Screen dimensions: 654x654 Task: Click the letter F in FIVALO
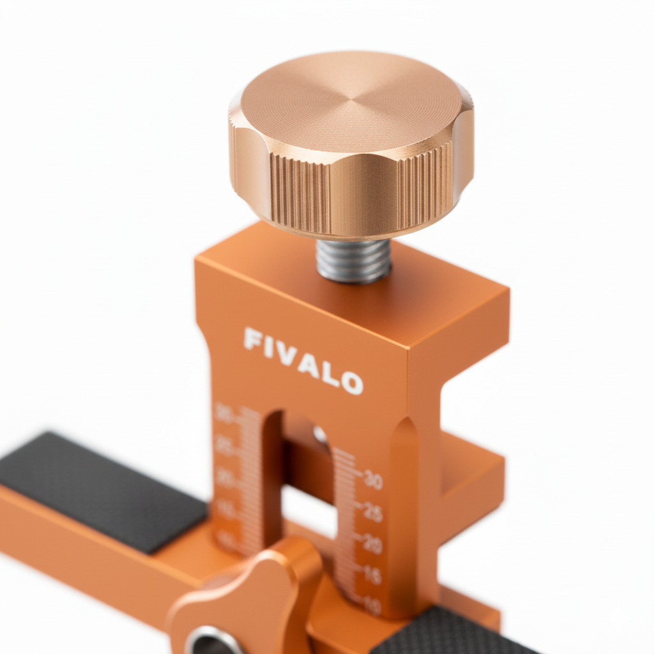(253, 338)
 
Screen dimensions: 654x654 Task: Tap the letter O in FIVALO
(352, 383)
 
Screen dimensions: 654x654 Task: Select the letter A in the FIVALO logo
(308, 365)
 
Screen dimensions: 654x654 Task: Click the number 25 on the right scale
(373, 512)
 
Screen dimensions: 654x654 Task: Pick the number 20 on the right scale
(373, 545)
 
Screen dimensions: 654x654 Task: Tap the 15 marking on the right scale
(373, 575)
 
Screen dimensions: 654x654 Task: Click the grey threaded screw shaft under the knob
(353, 260)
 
